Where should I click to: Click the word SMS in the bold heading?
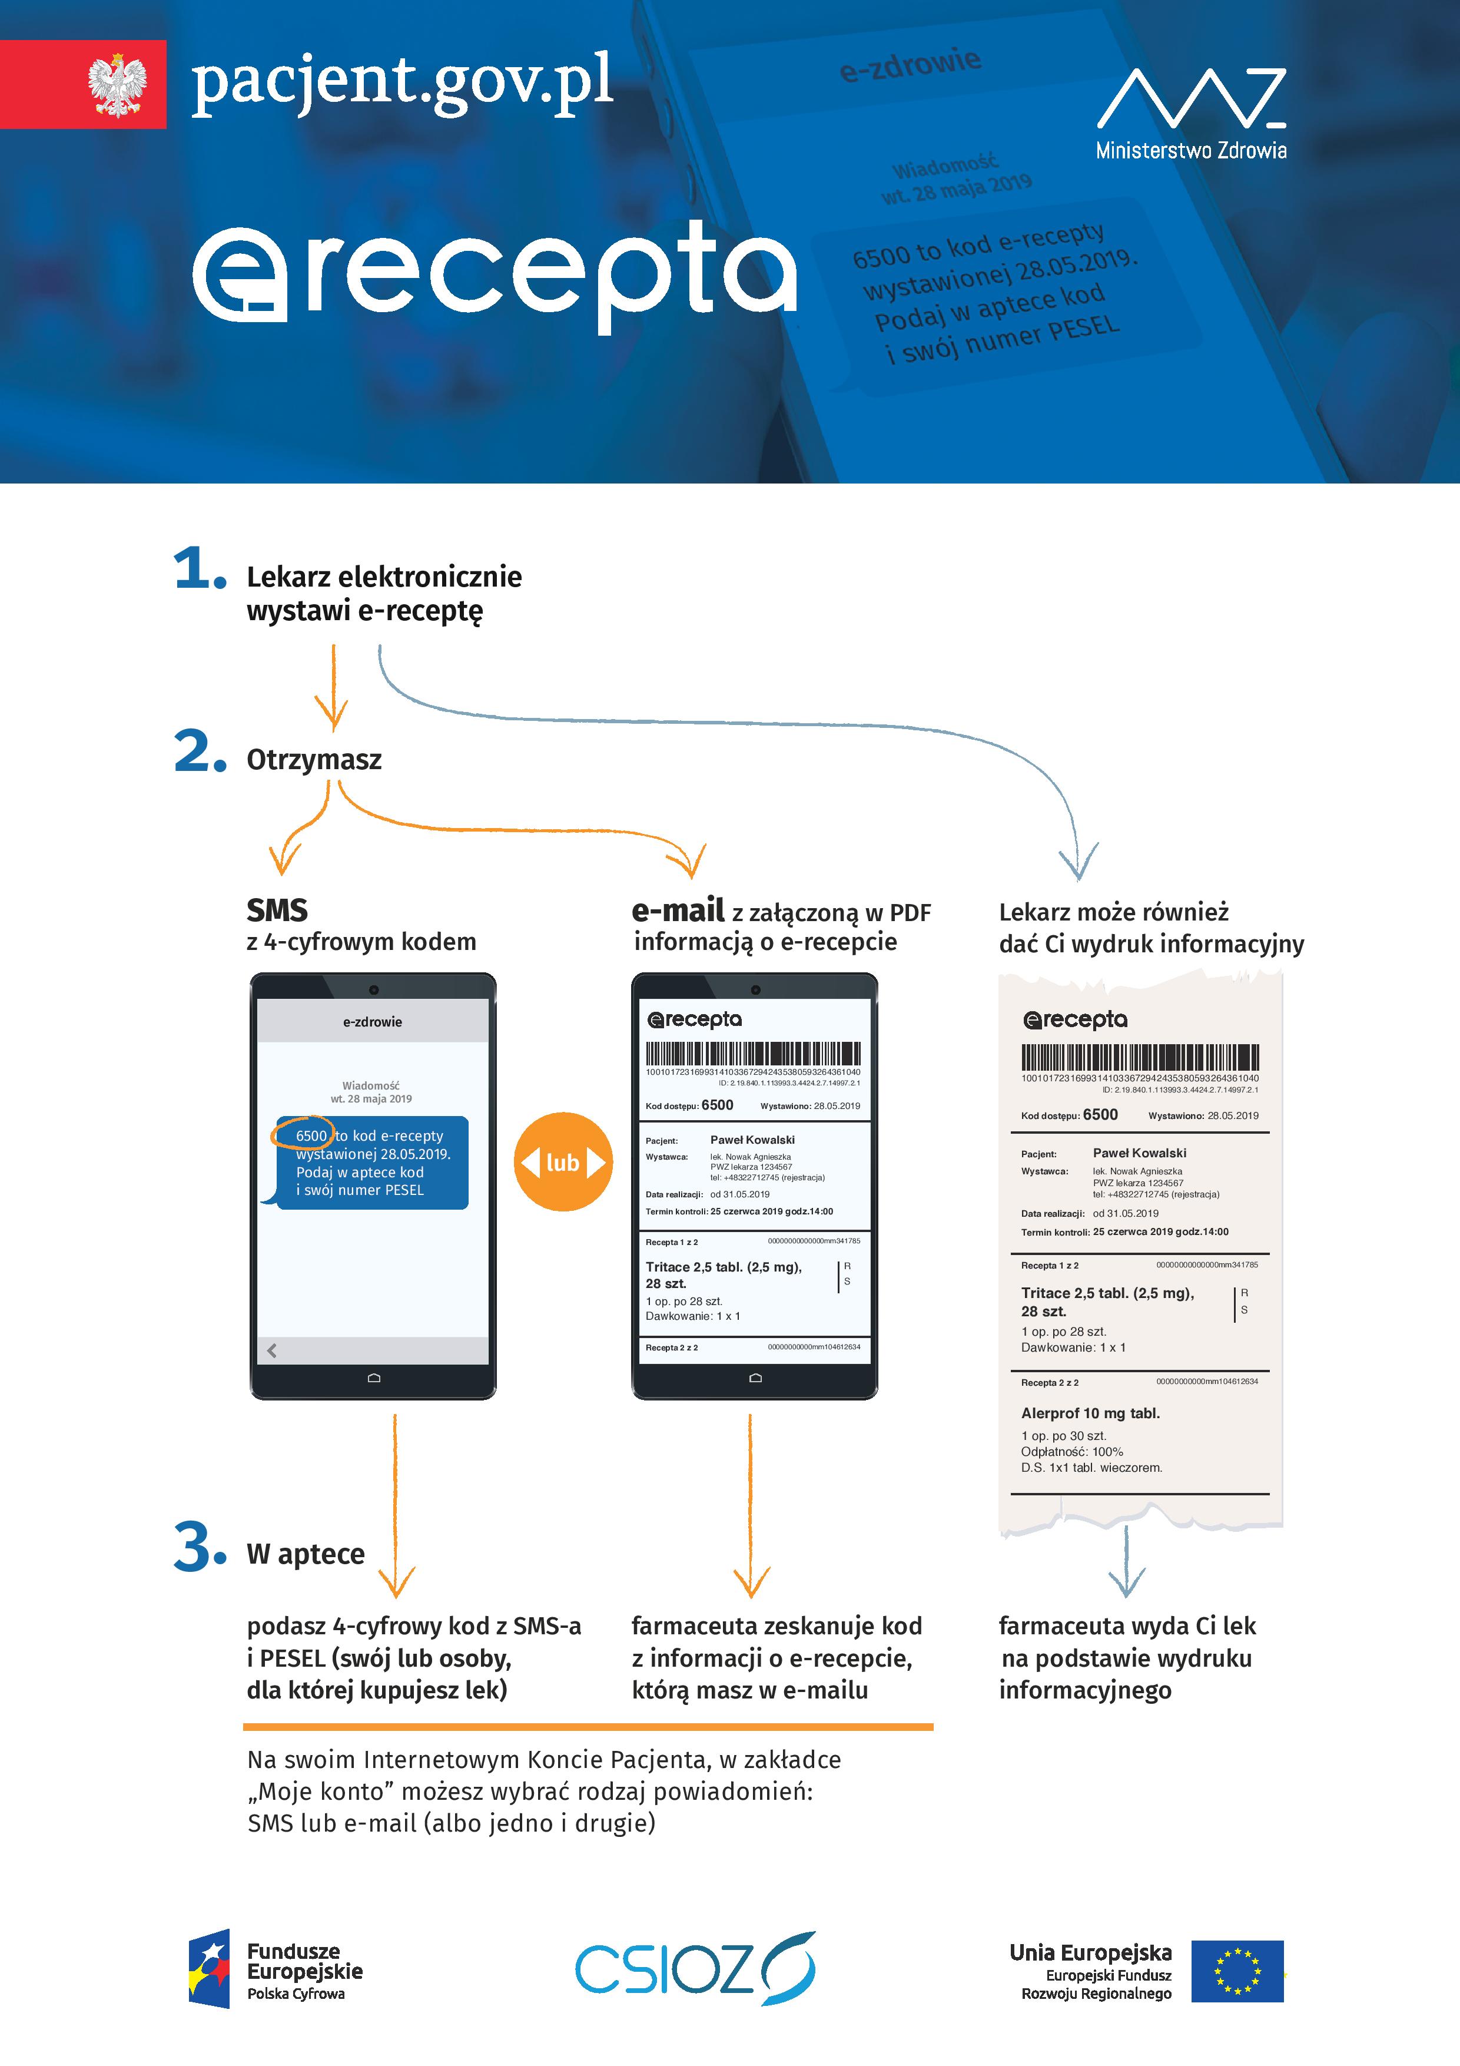[x=277, y=911]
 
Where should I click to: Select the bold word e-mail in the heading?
[x=678, y=911]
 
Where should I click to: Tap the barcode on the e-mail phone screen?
[x=753, y=1054]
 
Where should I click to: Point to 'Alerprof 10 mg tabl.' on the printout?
[x=1090, y=1413]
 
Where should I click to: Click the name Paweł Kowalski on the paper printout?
[x=1139, y=1153]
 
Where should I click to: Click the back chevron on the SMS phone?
[x=271, y=1350]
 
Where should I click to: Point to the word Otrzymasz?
[x=314, y=760]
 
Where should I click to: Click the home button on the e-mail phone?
[x=755, y=1378]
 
